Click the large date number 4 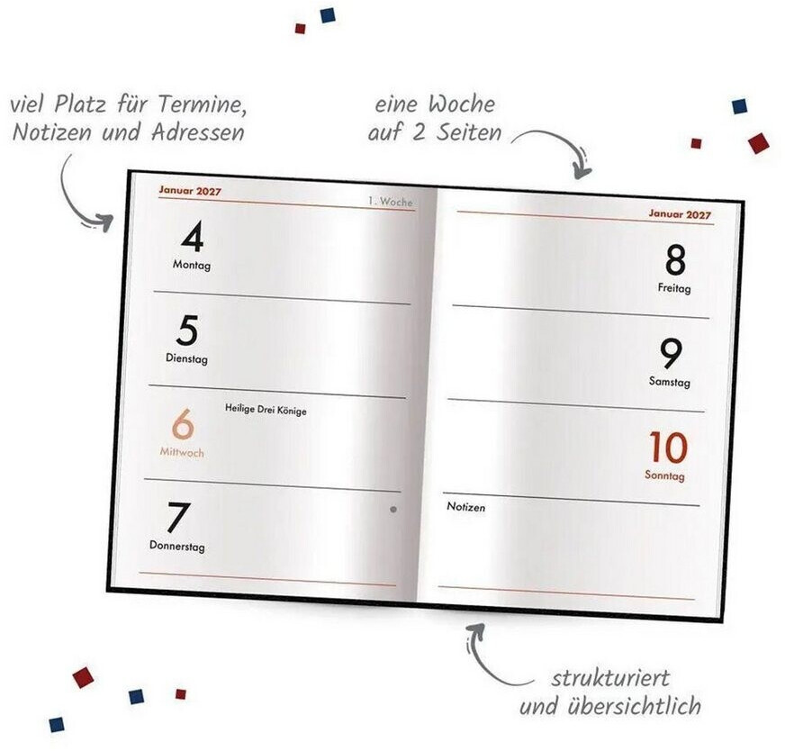click(x=193, y=237)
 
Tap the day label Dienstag click(x=186, y=358)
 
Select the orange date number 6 click(x=183, y=424)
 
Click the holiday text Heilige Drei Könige click(x=266, y=410)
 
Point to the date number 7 click(x=178, y=518)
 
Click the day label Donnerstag click(x=177, y=547)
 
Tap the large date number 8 click(x=675, y=260)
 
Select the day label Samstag click(x=670, y=382)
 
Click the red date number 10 click(x=668, y=448)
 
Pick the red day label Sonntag click(x=664, y=475)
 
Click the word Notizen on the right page click(x=466, y=507)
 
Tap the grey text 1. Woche click(x=391, y=202)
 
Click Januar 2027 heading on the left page click(x=190, y=191)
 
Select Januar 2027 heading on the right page click(x=680, y=213)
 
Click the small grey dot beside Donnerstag click(x=393, y=510)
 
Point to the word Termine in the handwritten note click(x=203, y=105)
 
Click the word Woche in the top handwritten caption click(x=462, y=104)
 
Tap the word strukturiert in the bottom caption click(x=610, y=678)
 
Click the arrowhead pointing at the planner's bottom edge click(x=476, y=629)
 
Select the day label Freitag click(x=674, y=288)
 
